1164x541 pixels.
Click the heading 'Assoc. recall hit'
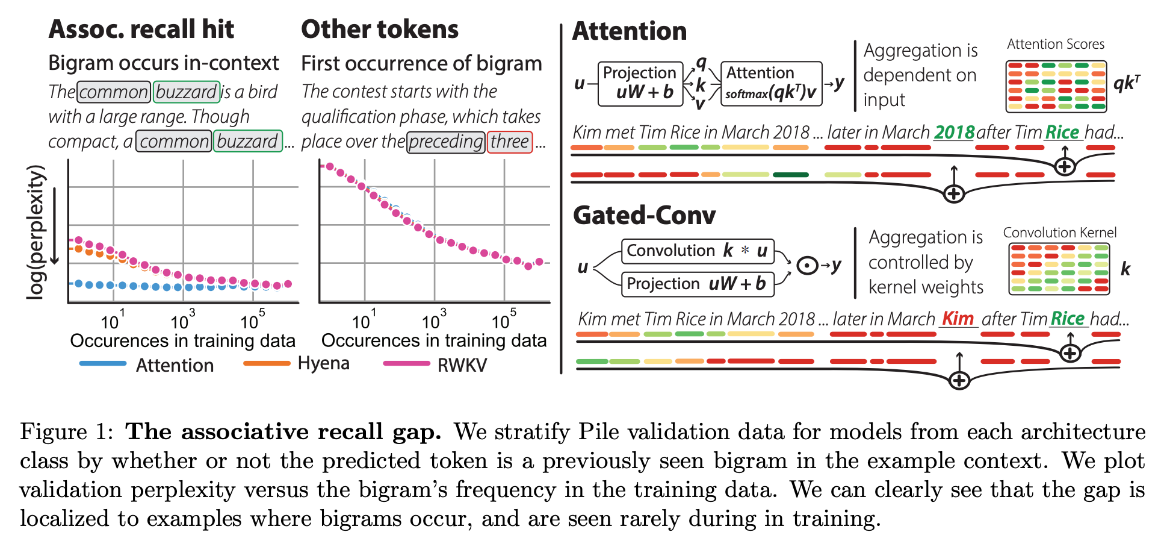pyautogui.click(x=141, y=29)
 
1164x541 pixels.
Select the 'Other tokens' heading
pyautogui.click(x=379, y=29)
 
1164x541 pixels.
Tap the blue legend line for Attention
pyautogui.click(x=102, y=363)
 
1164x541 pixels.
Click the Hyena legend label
pyautogui.click(x=323, y=363)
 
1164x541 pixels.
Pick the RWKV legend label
pyautogui.click(x=462, y=365)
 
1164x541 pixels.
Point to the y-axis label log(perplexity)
pyautogui.click(x=36, y=232)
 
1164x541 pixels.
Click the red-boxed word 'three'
pyautogui.click(x=509, y=142)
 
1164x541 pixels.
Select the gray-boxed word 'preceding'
pyautogui.click(x=445, y=142)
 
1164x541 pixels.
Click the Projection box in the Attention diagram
pyautogui.click(x=640, y=83)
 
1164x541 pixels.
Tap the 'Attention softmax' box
pyautogui.click(x=771, y=83)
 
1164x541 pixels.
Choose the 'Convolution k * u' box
pyautogui.click(x=697, y=251)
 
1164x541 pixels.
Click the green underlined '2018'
pyautogui.click(x=954, y=132)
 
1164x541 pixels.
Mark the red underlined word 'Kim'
pyautogui.click(x=958, y=318)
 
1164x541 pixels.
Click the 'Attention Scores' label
pyautogui.click(x=1056, y=44)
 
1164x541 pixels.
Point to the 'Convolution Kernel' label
pyautogui.click(x=1059, y=233)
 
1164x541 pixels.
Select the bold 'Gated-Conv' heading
pyautogui.click(x=644, y=215)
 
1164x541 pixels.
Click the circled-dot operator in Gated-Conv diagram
pyautogui.click(x=806, y=266)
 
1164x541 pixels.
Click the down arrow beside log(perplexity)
pyautogui.click(x=55, y=226)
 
